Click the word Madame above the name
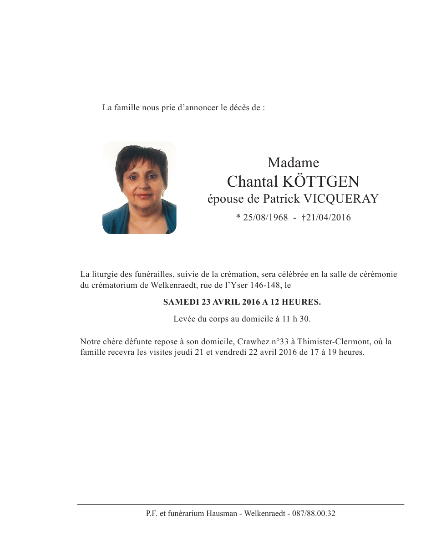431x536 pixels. coord(293,163)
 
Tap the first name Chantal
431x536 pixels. coord(252,182)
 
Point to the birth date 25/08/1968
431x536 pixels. coord(265,218)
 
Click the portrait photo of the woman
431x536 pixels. coord(139,188)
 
